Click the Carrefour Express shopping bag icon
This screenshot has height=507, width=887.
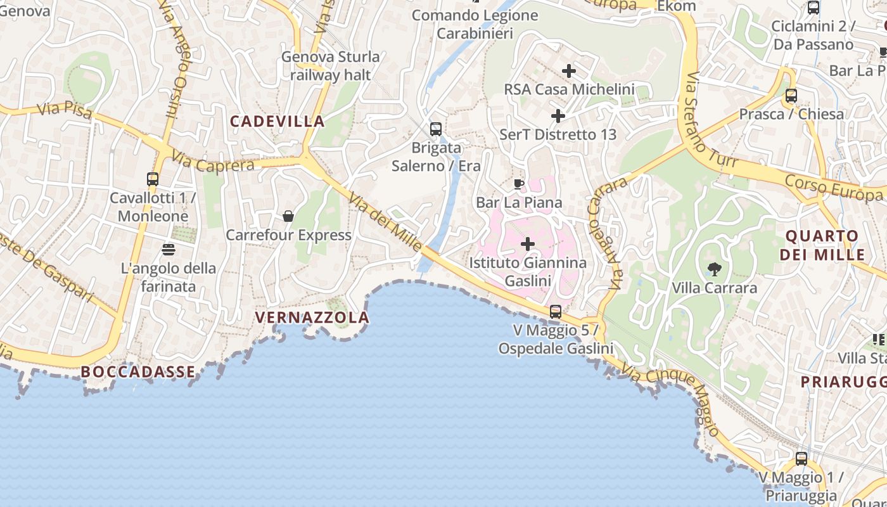pyautogui.click(x=288, y=217)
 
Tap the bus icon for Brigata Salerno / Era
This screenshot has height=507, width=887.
pyautogui.click(x=436, y=129)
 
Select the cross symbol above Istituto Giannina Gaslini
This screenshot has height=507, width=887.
pyautogui.click(x=528, y=244)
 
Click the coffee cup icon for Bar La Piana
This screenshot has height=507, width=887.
pyautogui.click(x=519, y=184)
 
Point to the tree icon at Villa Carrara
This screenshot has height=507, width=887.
pyautogui.click(x=715, y=269)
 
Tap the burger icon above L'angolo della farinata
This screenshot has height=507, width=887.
pyautogui.click(x=169, y=250)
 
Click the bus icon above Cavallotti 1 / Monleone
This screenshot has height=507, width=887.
pyautogui.click(x=153, y=179)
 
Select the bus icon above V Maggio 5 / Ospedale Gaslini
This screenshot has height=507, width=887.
pyautogui.click(x=556, y=312)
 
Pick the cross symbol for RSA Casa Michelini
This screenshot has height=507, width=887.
pyautogui.click(x=569, y=71)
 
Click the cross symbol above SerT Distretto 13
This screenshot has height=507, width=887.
pyautogui.click(x=558, y=116)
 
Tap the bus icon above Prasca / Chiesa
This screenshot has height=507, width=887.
pyautogui.click(x=791, y=96)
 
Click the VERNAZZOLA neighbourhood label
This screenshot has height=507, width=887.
pyautogui.click(x=312, y=318)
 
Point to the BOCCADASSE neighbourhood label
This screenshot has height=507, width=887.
pyautogui.click(x=139, y=372)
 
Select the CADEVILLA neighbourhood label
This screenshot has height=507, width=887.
pyautogui.click(x=277, y=121)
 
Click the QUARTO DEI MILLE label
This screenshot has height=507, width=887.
pyautogui.click(x=822, y=245)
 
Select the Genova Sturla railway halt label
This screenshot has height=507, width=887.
pyautogui.click(x=331, y=66)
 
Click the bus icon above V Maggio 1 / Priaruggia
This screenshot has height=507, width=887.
pyautogui.click(x=801, y=459)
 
